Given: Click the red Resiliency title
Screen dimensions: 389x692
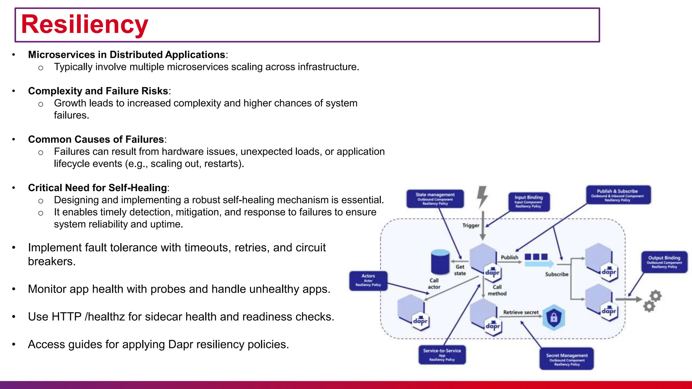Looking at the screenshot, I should (x=84, y=25).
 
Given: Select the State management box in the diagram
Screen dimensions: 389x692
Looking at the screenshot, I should (x=435, y=199).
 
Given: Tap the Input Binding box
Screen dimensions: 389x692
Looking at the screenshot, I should (x=529, y=202).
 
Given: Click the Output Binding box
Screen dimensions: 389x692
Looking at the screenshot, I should (x=664, y=262).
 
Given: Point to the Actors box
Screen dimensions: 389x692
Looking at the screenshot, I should (x=368, y=281).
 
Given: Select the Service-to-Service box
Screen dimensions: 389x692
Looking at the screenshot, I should (x=442, y=355).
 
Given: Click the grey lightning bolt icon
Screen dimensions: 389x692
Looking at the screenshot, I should (x=483, y=197).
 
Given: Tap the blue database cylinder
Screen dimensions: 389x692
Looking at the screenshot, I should (x=440, y=262).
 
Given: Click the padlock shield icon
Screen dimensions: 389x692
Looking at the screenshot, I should (x=553, y=317).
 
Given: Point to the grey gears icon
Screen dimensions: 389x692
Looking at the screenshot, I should (x=652, y=301).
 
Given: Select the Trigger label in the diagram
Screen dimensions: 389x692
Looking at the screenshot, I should (x=471, y=226).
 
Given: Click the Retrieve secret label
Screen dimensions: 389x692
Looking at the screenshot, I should (x=521, y=312).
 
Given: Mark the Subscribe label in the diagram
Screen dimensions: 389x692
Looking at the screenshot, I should (x=557, y=274).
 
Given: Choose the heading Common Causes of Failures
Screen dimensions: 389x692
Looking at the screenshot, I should (x=96, y=139).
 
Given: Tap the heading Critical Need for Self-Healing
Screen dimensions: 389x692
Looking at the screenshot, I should (x=98, y=188).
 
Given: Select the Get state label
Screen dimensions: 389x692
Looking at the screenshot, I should (x=460, y=270).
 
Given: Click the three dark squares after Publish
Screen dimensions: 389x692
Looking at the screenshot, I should (x=536, y=257).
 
